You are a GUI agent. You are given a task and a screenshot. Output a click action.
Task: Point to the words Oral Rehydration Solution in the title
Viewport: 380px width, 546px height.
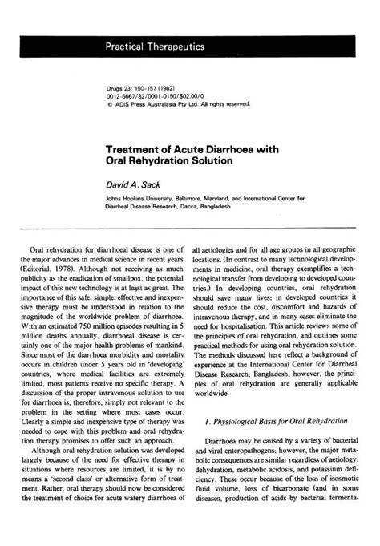(169, 161)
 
